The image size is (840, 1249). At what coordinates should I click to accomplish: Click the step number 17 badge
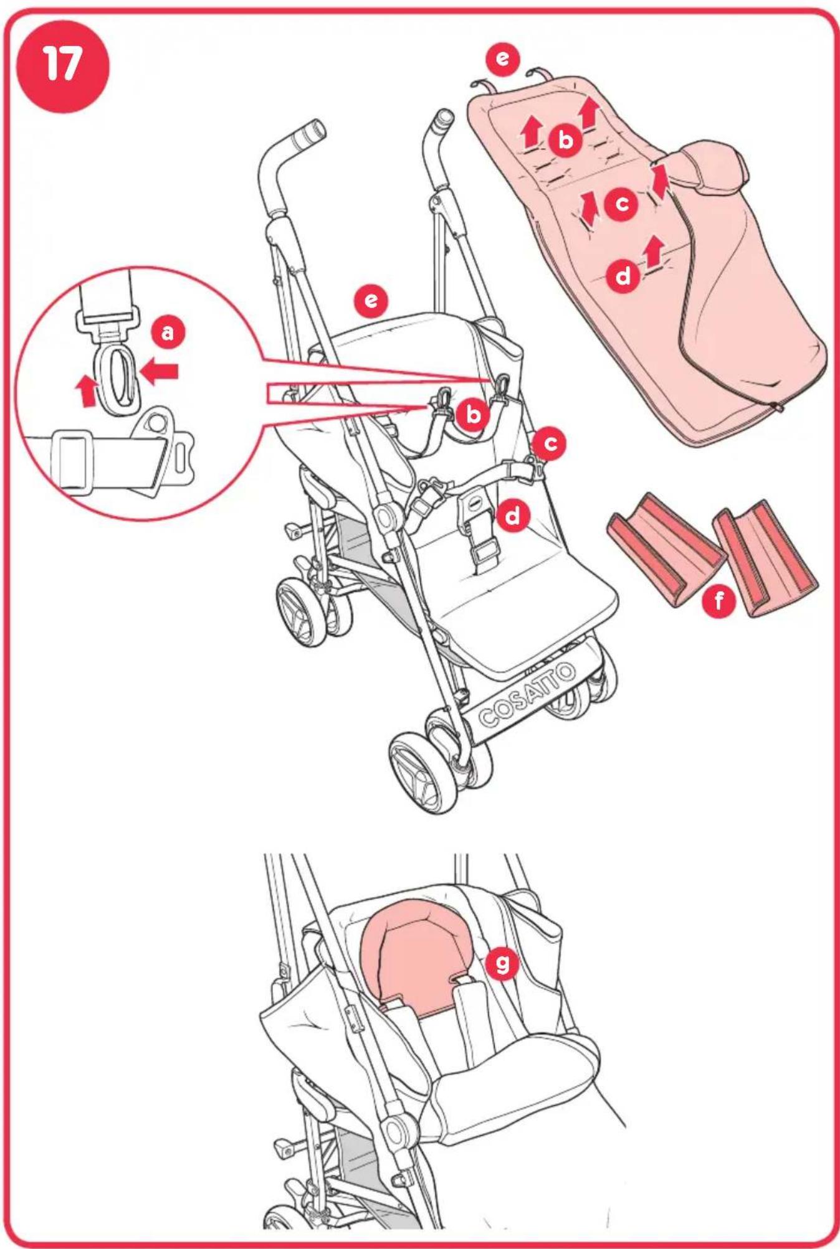coord(62,66)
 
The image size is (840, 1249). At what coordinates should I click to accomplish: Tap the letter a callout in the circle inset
coord(168,332)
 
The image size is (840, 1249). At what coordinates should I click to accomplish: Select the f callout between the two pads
coord(720,601)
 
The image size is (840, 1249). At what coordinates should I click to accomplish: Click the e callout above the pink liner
coord(502,59)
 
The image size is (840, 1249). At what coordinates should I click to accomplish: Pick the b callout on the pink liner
coord(565,140)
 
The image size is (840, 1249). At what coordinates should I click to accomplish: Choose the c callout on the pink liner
coord(621,204)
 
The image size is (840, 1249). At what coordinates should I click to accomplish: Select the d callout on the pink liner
coord(623,275)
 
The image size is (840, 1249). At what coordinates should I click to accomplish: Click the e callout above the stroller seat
coord(371,301)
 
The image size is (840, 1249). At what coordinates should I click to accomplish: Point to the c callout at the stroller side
coord(550,443)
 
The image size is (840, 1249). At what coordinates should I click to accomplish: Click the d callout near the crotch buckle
coord(513,516)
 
